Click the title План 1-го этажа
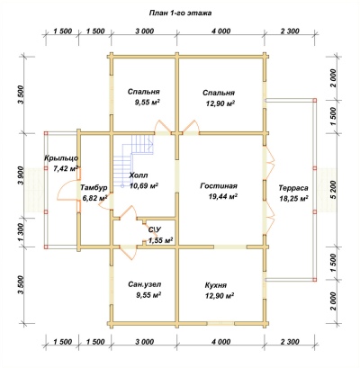coord(180,13)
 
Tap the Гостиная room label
coord(219,186)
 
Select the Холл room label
coord(139,175)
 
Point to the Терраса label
coord(293,188)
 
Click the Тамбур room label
coord(94,188)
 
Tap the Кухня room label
coord(216,285)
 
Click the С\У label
coord(155,229)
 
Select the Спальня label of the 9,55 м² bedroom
coord(143,92)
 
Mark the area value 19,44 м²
coord(222,196)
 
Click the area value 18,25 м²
coord(293,198)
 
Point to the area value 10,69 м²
coord(144,186)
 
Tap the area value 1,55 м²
coord(161,240)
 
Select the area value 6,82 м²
coord(94,198)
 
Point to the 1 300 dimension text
coord(21,232)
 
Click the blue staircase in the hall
coord(133,161)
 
